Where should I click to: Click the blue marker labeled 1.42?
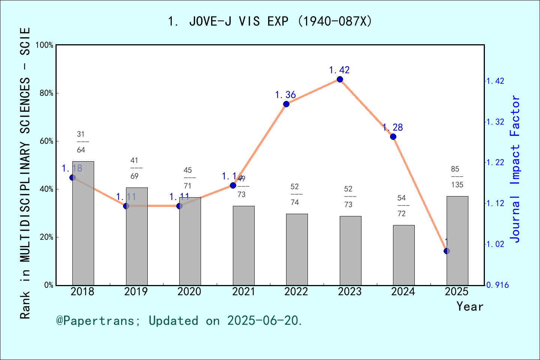click(340, 79)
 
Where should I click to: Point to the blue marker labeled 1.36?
click(286, 104)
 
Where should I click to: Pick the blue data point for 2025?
click(447, 251)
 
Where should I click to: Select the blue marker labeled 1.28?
click(393, 136)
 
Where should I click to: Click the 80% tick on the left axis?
click(46, 93)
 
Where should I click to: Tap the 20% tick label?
click(46, 237)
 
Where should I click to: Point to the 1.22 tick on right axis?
click(495, 162)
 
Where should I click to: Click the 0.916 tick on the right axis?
click(498, 285)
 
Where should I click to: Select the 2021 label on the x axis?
click(243, 291)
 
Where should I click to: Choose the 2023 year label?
click(349, 291)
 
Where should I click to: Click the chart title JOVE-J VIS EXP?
click(270, 21)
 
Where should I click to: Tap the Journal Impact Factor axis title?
click(515, 169)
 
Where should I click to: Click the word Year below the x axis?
click(469, 306)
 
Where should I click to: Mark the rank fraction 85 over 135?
click(457, 177)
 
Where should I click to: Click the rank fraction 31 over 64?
click(81, 142)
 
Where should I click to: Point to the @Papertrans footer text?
click(179, 321)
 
